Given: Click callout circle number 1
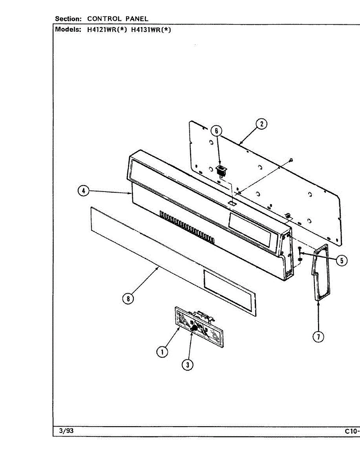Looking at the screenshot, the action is (x=162, y=352).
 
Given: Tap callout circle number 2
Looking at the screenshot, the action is (x=261, y=124).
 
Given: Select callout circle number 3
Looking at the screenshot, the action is (x=188, y=365).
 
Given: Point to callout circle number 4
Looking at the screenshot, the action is (x=83, y=191).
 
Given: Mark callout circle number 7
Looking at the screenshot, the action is (x=318, y=336).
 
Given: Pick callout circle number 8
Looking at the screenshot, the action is (x=128, y=299).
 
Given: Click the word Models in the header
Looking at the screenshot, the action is (x=68, y=29).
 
